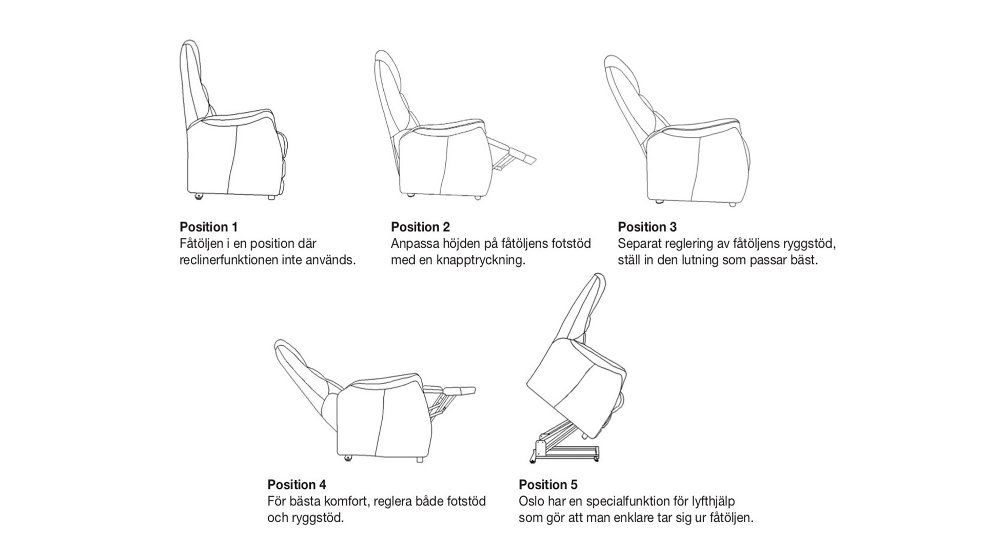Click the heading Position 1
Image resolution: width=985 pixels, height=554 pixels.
(208, 227)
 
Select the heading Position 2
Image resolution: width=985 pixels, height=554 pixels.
(420, 227)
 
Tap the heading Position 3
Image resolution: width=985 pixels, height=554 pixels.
(647, 227)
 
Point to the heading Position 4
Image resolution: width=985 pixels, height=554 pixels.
(297, 484)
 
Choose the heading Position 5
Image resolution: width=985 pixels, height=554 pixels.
(548, 484)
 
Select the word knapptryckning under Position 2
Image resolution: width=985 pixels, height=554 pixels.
(480, 260)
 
